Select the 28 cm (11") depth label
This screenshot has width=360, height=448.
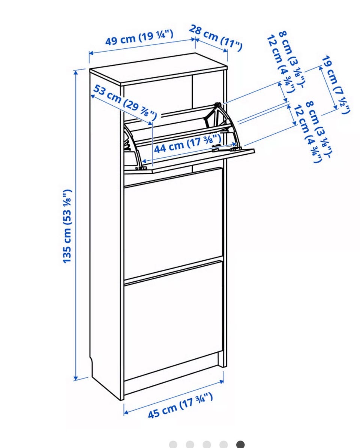[215, 38]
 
